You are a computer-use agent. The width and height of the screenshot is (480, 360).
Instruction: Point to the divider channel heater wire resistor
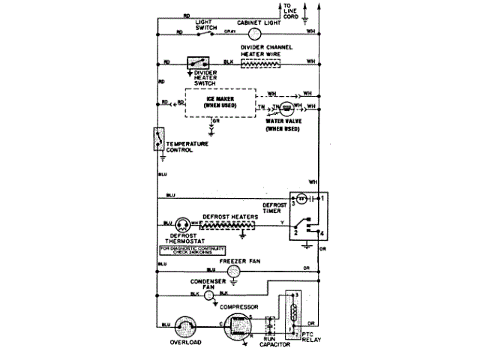(x=260, y=63)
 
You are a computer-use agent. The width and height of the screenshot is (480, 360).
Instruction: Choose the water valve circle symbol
(x=286, y=109)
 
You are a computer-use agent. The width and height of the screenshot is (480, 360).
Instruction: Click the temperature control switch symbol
(x=159, y=139)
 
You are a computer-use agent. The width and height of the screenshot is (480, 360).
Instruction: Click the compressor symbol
(x=239, y=325)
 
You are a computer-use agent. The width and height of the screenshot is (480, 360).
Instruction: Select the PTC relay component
(x=290, y=313)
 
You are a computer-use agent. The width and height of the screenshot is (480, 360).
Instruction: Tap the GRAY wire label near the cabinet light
(x=230, y=32)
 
